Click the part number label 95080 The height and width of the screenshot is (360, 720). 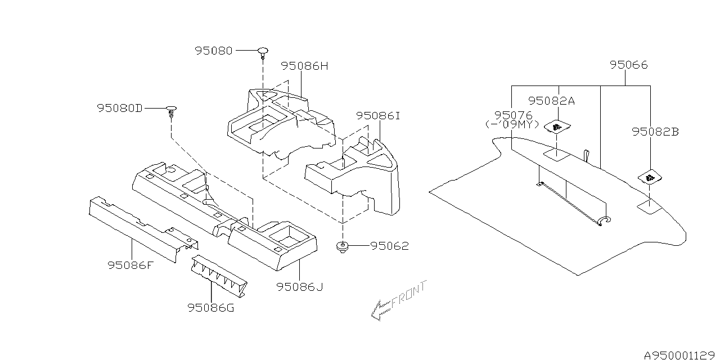click(x=214, y=50)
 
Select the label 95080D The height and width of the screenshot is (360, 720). click(x=119, y=107)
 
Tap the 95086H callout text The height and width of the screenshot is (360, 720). click(x=304, y=66)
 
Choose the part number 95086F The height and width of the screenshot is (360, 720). click(x=130, y=264)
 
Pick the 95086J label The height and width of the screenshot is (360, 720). click(x=300, y=287)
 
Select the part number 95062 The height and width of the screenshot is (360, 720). click(x=390, y=246)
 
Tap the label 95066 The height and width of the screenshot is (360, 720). click(x=628, y=65)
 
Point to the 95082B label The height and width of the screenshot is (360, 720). click(x=655, y=132)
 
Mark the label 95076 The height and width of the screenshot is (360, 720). click(x=512, y=115)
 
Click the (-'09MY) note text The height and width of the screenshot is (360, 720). click(x=512, y=124)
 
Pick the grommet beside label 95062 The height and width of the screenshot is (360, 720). click(x=342, y=246)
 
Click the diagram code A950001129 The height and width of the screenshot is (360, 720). click(x=679, y=354)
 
